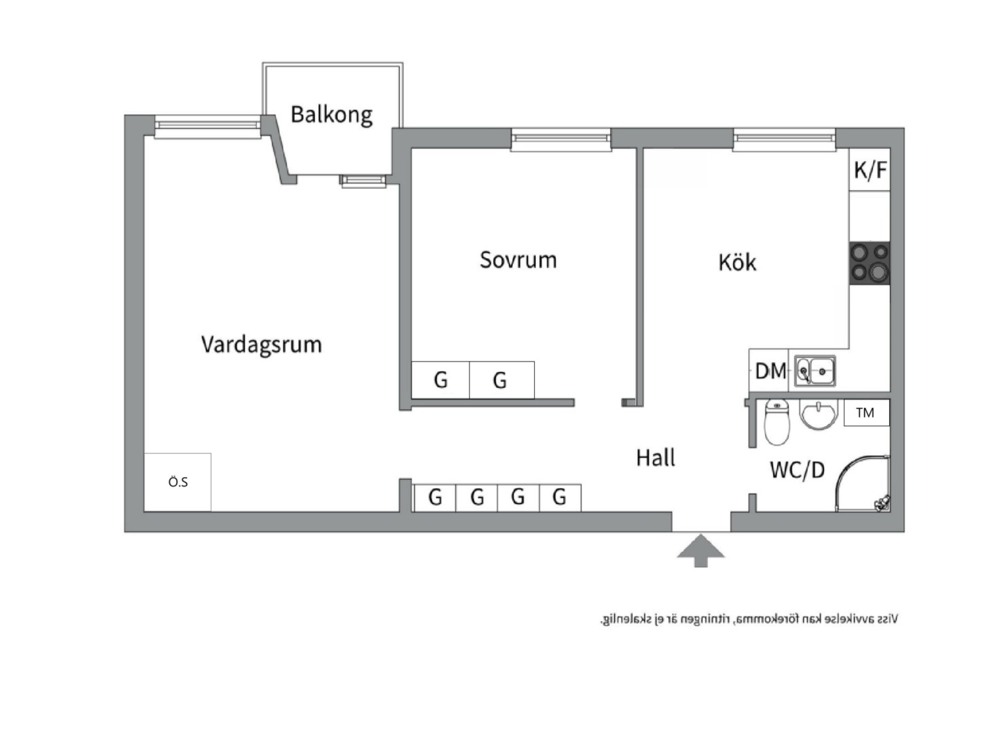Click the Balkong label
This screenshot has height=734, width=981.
click(332, 115)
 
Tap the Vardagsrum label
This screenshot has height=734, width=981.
click(262, 345)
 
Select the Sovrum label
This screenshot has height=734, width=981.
click(518, 260)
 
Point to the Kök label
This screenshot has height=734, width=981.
click(737, 262)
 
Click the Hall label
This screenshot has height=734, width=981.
click(656, 458)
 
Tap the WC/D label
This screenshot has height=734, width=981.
click(797, 470)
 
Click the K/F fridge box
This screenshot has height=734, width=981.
click(870, 170)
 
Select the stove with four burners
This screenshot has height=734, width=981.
click(870, 263)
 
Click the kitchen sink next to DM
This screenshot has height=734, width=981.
click(815, 371)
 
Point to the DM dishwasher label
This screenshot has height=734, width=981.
click(770, 371)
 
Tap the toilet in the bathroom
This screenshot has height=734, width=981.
click(777, 422)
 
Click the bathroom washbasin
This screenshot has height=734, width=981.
click(819, 414)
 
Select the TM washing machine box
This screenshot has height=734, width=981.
click(866, 413)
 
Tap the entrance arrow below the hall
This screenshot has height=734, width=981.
click(700, 550)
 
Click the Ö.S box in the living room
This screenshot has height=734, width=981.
click(177, 482)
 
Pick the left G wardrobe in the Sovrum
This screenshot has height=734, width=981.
click(440, 380)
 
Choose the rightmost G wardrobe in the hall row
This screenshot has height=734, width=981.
click(559, 497)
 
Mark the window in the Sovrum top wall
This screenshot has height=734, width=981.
click(560, 139)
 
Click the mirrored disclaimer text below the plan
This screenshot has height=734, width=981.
click(749, 619)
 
